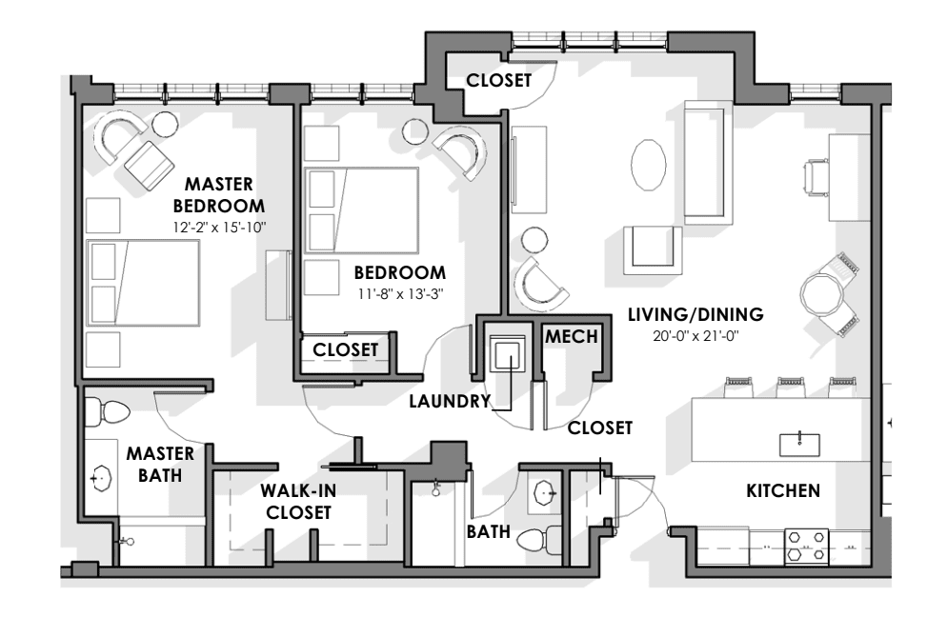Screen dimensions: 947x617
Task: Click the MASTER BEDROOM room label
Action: point(218,194)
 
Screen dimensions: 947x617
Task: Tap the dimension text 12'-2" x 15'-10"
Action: point(219,228)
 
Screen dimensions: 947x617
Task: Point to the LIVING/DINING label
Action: point(695,314)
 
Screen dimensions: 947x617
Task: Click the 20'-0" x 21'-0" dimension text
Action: point(695,336)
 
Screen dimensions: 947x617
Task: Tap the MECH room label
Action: point(572,336)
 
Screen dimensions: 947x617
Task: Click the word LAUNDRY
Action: point(450,402)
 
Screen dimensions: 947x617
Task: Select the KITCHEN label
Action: point(783,490)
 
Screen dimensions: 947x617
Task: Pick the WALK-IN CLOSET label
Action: point(298,502)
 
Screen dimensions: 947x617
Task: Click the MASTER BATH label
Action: point(160,465)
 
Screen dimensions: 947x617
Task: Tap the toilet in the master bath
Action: point(108,413)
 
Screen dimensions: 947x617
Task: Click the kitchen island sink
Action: point(799,444)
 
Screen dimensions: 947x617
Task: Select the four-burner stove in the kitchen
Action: point(807,546)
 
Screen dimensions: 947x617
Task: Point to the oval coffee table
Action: point(649,165)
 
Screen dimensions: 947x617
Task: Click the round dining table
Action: point(821,294)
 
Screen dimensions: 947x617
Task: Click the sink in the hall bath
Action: point(544,493)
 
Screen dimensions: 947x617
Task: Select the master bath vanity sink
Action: point(101,479)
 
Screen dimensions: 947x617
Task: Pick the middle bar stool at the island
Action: point(791,387)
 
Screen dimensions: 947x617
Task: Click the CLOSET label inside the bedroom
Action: point(346,349)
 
